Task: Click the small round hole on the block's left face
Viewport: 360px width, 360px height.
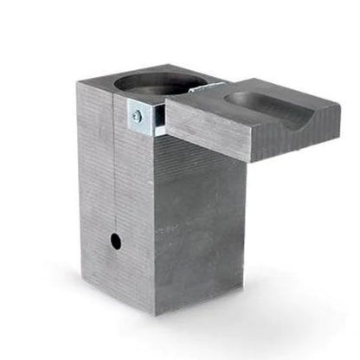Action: tap(115, 241)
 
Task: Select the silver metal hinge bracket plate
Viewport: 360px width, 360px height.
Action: tap(145, 119)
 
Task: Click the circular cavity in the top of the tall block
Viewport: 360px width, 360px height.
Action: tap(159, 83)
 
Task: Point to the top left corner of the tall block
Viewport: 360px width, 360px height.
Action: tap(77, 83)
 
